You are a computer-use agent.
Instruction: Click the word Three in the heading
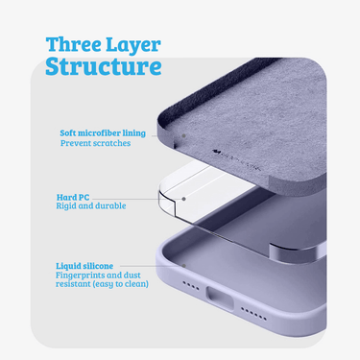tap(74, 44)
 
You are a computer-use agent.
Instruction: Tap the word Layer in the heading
tap(133, 45)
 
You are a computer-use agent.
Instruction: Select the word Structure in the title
tap(104, 66)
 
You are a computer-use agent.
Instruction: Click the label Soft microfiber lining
tap(103, 132)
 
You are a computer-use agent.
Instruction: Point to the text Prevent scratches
tap(95, 143)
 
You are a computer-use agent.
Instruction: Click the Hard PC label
tap(73, 197)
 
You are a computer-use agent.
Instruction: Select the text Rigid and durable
tap(91, 205)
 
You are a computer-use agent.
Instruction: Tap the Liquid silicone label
tap(84, 266)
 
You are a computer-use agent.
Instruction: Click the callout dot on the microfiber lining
tap(184, 135)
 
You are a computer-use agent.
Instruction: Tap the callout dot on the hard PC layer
tap(184, 199)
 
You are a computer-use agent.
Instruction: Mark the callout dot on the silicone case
tap(184, 266)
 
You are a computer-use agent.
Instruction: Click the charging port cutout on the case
tap(221, 299)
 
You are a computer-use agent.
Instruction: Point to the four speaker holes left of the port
tap(191, 286)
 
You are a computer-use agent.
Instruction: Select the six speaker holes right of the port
tap(253, 314)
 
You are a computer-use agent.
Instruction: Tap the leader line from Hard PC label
tap(137, 199)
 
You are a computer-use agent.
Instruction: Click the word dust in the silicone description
tap(132, 275)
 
